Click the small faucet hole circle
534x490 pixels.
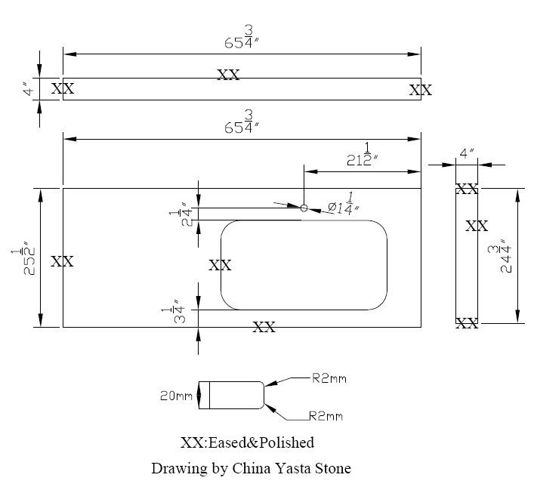304,208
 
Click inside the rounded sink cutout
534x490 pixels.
304,265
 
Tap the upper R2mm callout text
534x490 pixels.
329,379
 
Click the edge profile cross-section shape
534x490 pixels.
231,395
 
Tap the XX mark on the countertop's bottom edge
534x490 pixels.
264,327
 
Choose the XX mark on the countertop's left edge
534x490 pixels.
62,262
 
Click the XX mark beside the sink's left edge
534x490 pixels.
219,265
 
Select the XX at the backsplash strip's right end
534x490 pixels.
420,91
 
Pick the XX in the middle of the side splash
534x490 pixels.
477,226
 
